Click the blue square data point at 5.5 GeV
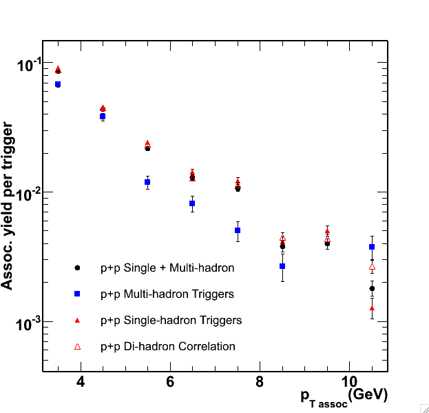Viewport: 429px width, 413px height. pyautogui.click(x=147, y=182)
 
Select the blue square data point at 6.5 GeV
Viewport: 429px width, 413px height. pyautogui.click(x=192, y=203)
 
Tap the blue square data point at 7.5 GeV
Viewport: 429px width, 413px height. pyautogui.click(x=238, y=230)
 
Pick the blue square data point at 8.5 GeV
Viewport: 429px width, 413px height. pyautogui.click(x=282, y=265)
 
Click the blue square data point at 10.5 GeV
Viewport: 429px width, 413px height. pyautogui.click(x=372, y=247)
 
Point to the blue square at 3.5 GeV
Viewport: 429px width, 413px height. pyautogui.click(x=58, y=84)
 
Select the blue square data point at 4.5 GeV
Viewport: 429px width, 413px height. pyautogui.click(x=103, y=117)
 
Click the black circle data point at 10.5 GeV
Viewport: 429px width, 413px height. pyautogui.click(x=372, y=289)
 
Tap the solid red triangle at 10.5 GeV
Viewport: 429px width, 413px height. pyautogui.click(x=372, y=308)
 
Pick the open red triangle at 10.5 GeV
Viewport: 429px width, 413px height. pyautogui.click(x=372, y=266)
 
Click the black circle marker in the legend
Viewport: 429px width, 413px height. pyautogui.click(x=78, y=268)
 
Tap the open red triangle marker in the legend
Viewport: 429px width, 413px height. pyautogui.click(x=78, y=346)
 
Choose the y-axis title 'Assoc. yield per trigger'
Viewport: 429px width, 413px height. pyautogui.click(x=8, y=205)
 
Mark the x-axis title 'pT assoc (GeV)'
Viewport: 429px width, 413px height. pyautogui.click(x=344, y=396)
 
